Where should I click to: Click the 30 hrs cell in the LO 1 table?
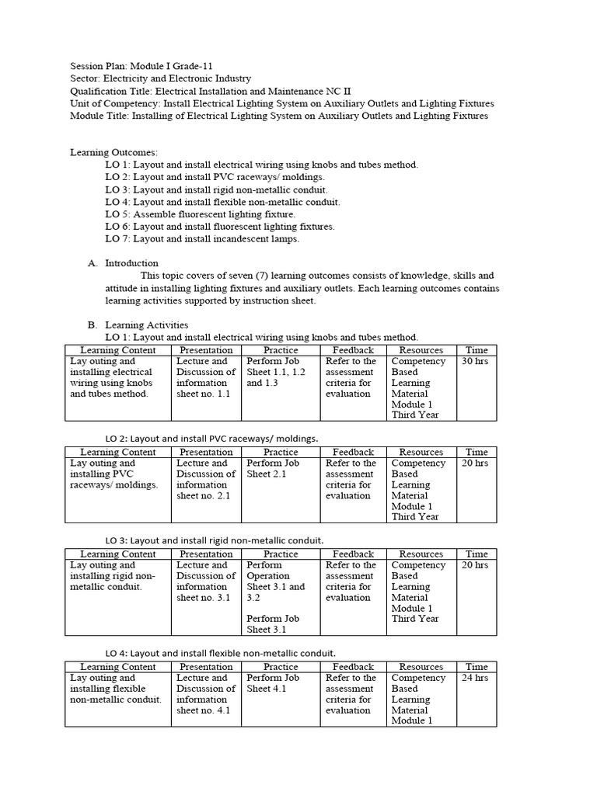pos(476,361)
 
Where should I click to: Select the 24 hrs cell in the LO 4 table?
pos(476,678)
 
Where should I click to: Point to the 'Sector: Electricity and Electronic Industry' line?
pos(160,78)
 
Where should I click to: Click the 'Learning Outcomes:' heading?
pos(113,152)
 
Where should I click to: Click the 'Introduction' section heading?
pos(131,263)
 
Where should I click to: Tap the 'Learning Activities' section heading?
pos(146,325)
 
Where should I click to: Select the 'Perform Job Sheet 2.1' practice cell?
pos(273,468)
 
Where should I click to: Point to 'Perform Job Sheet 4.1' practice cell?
pos(273,683)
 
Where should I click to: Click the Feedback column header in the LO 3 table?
pos(353,554)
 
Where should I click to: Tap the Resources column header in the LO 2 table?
pos(421,452)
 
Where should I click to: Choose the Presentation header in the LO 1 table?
pos(206,350)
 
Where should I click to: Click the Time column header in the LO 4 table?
pos(476,667)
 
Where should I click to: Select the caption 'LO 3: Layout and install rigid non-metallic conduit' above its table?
pos(215,540)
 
